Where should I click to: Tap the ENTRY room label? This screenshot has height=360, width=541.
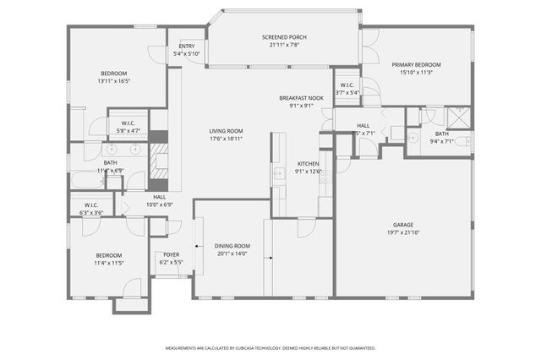[x=186, y=46]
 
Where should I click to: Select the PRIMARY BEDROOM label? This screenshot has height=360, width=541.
[x=415, y=64]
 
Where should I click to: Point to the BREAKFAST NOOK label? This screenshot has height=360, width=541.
[x=301, y=98]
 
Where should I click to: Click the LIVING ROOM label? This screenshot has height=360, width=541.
[x=227, y=131]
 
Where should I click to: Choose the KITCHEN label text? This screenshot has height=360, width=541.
[x=308, y=163]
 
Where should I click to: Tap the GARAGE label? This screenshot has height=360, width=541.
[x=402, y=225]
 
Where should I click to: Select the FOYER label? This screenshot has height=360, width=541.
[x=171, y=254]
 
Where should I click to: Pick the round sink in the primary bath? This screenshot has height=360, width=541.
[x=413, y=137]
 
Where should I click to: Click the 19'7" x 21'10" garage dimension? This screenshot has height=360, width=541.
[x=402, y=232]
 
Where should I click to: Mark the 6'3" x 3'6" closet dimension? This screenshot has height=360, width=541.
[x=90, y=212]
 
